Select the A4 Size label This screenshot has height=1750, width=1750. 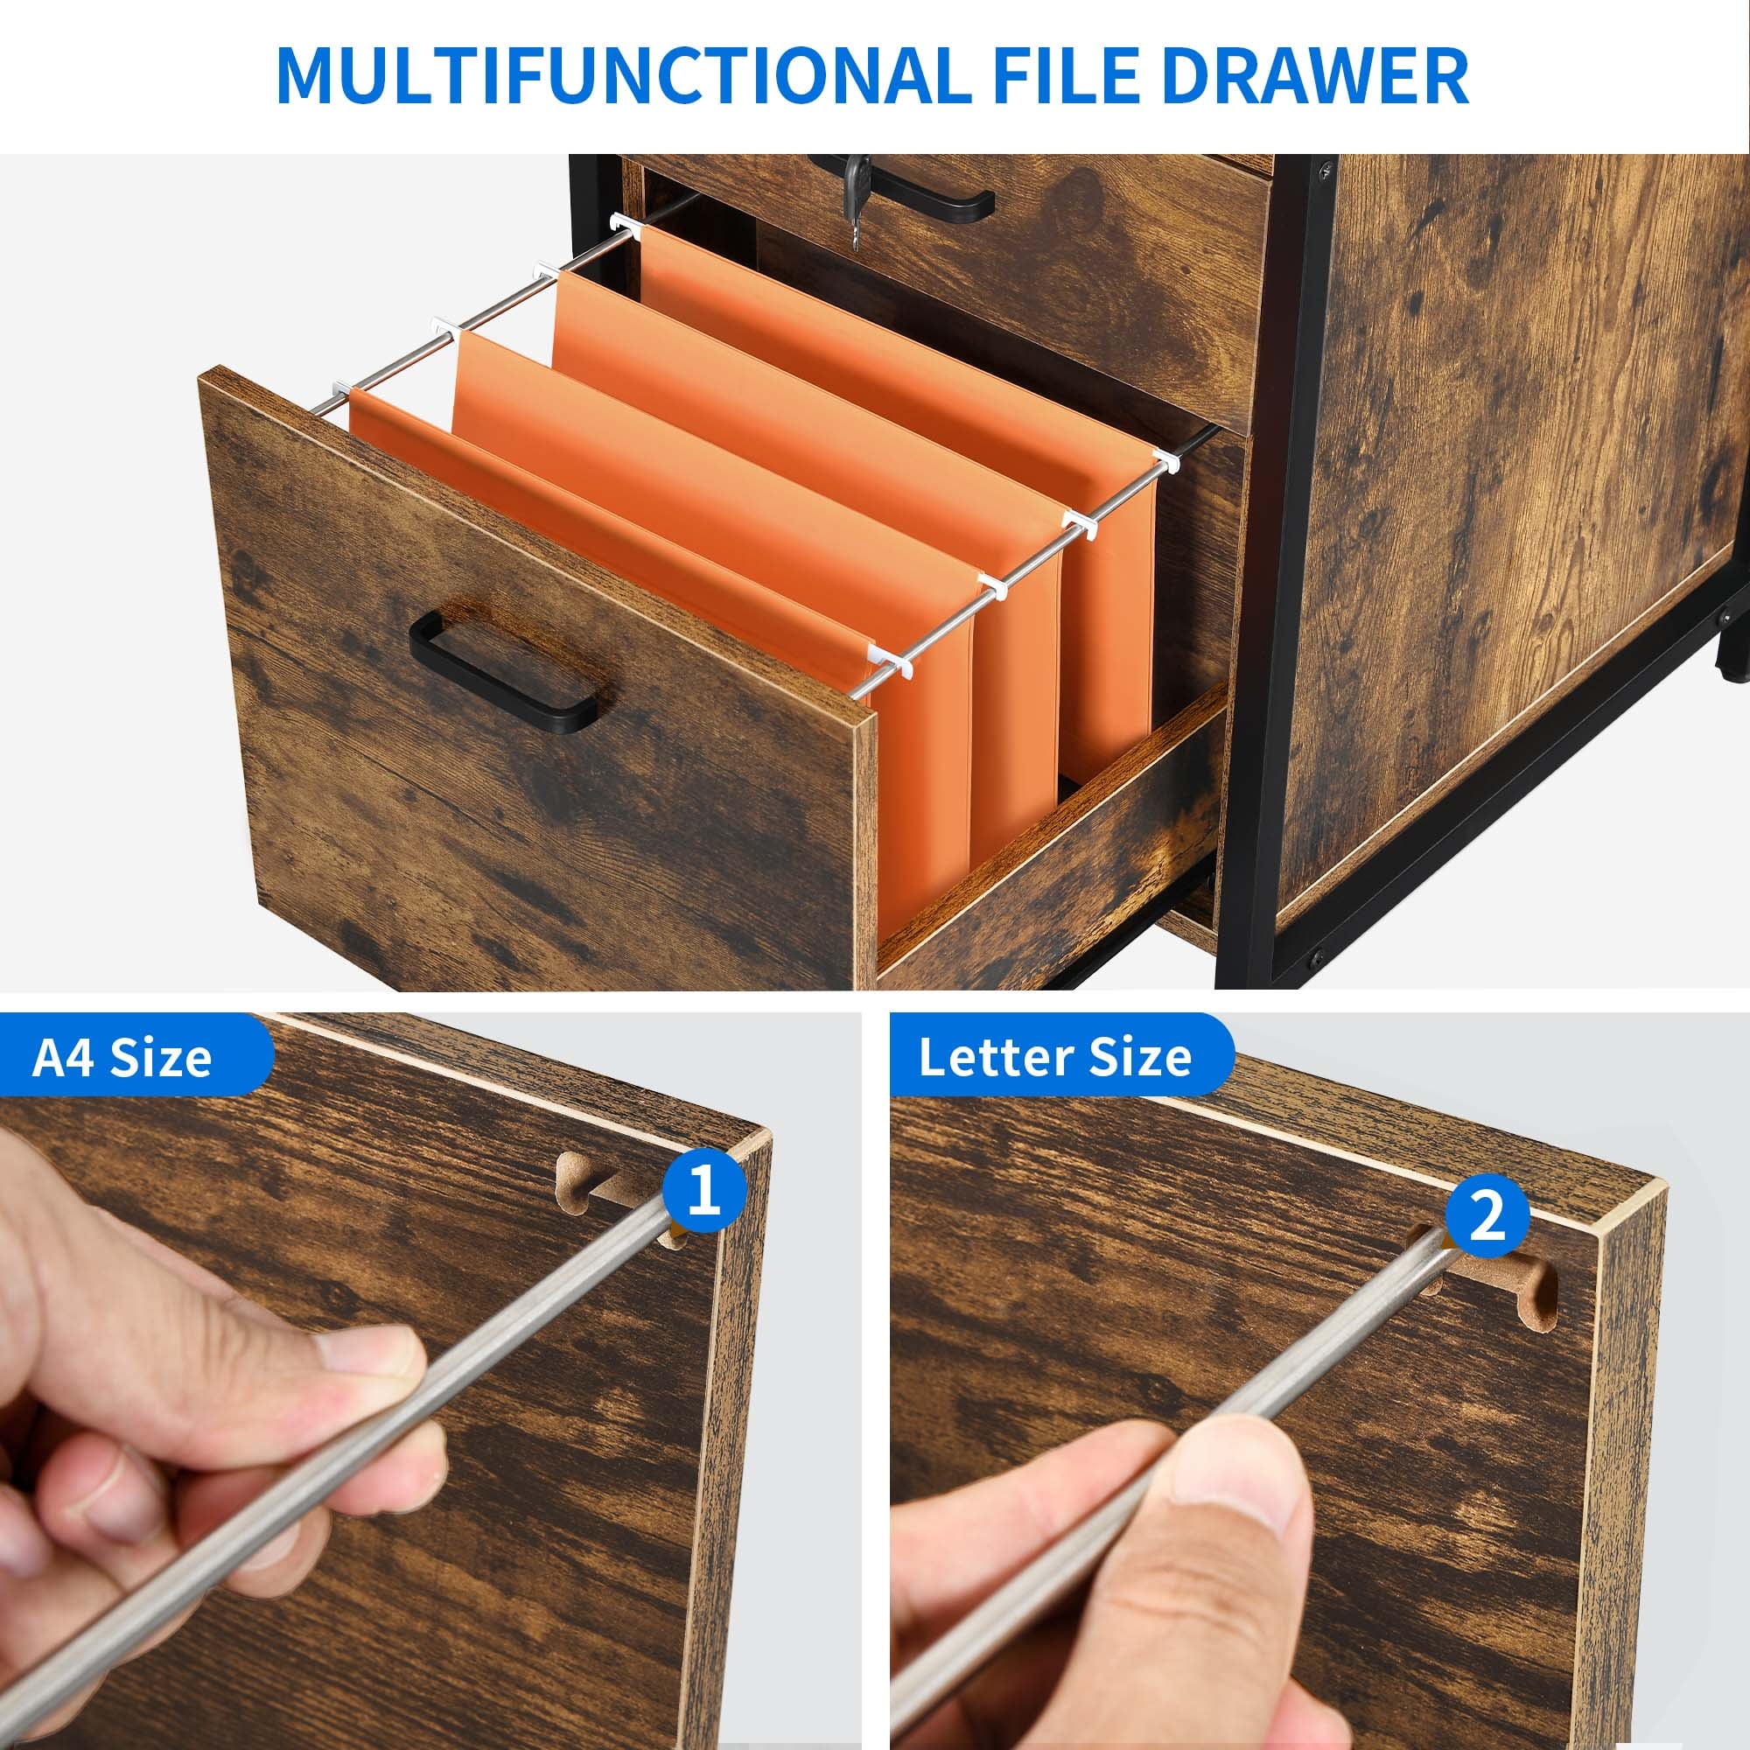(122, 1057)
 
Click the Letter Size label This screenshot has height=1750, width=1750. (1055, 1057)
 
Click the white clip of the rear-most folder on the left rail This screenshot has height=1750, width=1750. (622, 222)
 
